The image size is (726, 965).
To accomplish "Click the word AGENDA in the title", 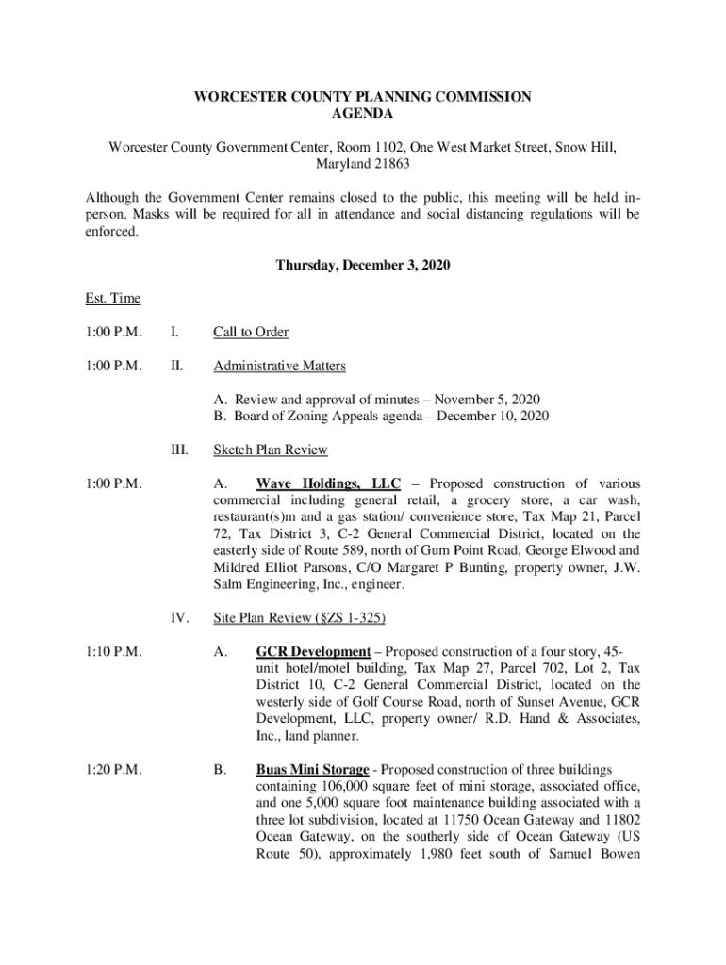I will click(x=363, y=114).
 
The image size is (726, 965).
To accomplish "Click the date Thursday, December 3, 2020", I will click(x=363, y=266).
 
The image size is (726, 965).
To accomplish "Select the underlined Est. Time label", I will click(x=112, y=299).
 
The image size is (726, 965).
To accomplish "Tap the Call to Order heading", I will click(x=251, y=332).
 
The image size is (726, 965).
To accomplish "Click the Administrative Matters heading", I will click(x=279, y=366).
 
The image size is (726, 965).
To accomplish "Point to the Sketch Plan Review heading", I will click(x=270, y=450).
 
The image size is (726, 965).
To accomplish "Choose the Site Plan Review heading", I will click(x=299, y=618).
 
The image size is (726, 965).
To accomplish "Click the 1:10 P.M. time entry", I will click(x=113, y=651).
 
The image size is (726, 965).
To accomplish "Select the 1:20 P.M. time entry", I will click(x=113, y=770).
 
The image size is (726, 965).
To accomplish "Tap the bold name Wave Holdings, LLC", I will click(x=328, y=483).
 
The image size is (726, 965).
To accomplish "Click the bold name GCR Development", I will click(x=313, y=651).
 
